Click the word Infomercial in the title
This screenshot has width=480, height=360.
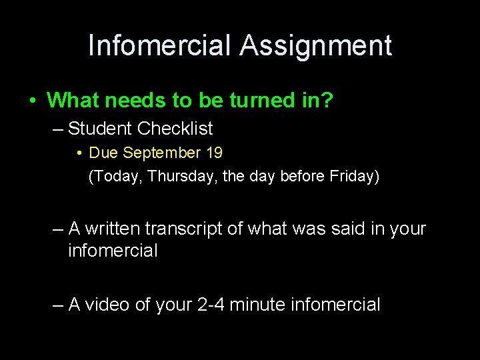(x=161, y=45)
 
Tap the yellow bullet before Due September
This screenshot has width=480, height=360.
(x=79, y=153)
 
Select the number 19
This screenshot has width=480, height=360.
(x=215, y=153)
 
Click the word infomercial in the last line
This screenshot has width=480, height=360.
(x=337, y=305)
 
